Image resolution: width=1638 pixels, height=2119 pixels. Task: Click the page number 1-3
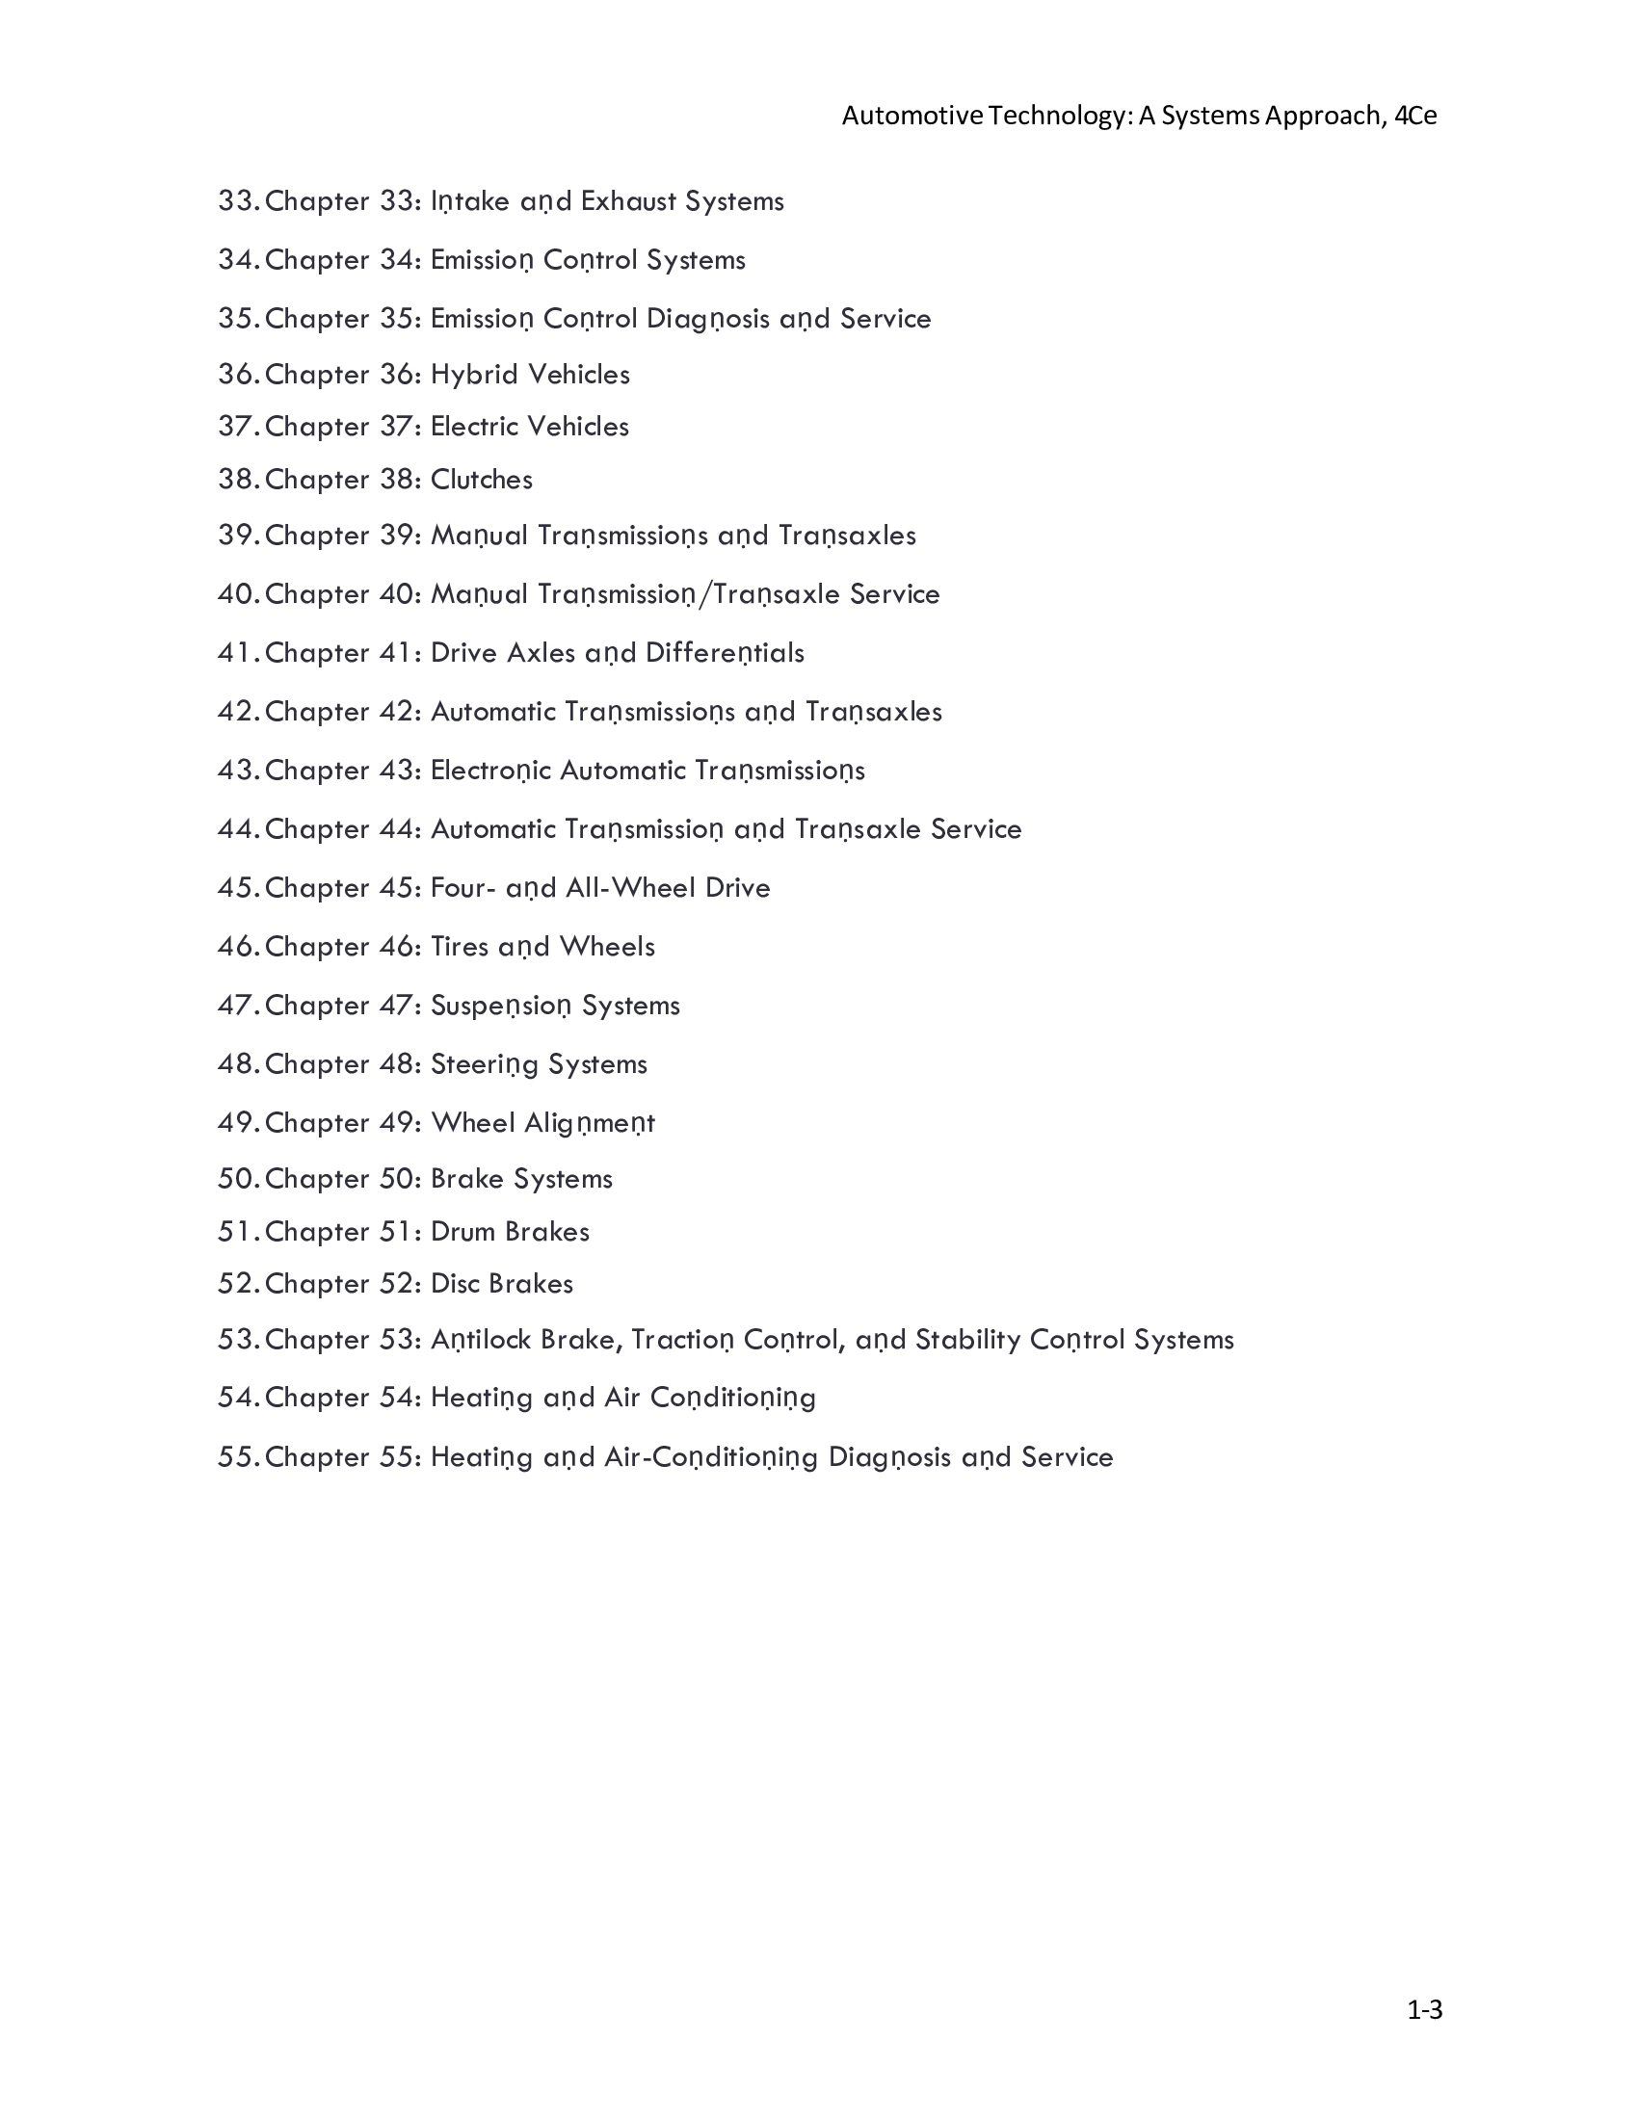1424,2009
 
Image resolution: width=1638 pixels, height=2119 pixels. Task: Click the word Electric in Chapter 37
474,426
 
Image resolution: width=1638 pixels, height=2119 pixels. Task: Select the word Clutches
482,480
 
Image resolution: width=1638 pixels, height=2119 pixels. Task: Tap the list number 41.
237,653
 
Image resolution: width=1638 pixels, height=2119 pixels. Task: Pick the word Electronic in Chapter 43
490,771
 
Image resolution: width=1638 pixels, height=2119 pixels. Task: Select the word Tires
459,947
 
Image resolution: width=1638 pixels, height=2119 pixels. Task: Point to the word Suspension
501,1007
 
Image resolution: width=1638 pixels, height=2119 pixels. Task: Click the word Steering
485,1064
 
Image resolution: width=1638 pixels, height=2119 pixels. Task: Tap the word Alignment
589,1123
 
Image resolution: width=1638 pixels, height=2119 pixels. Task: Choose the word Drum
462,1231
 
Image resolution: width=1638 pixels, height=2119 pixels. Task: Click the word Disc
454,1284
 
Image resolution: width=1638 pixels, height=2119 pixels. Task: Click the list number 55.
237,1457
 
